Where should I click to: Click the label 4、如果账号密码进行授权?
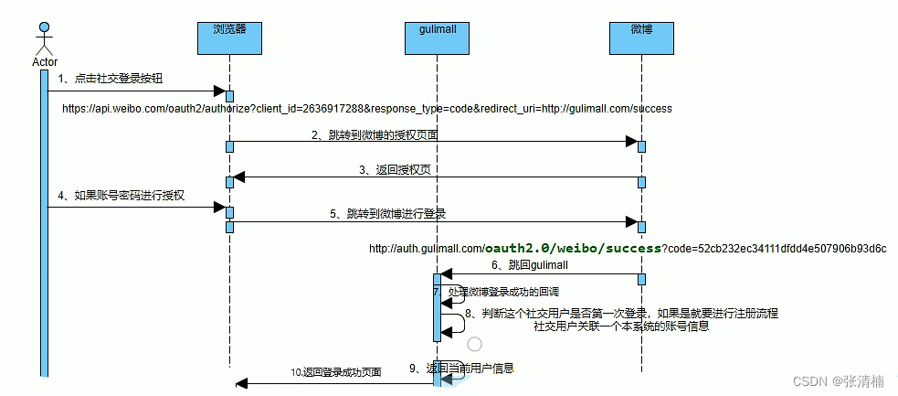tap(121, 196)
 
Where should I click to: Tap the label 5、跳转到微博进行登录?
tap(387, 213)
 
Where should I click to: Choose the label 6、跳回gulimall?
tap(530, 264)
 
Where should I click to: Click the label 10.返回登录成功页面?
tap(335, 372)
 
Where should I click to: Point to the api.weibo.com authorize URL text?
tap(366, 109)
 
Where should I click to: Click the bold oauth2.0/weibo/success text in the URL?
tap(573, 248)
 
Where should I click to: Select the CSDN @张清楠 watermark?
tap(839, 380)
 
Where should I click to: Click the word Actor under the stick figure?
tap(44, 61)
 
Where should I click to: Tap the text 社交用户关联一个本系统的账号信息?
tap(621, 326)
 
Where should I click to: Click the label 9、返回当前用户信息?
tap(461, 369)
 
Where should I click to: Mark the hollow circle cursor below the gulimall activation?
tap(474, 345)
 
